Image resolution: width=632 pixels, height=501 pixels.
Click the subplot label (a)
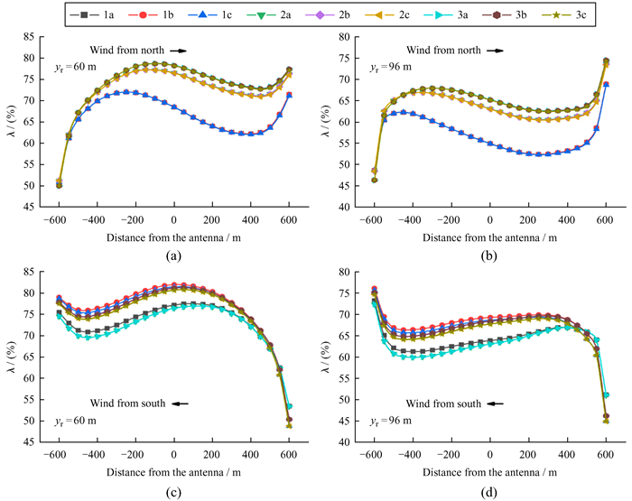click(x=172, y=255)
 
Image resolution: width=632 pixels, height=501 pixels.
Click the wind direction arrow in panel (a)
click(x=179, y=51)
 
